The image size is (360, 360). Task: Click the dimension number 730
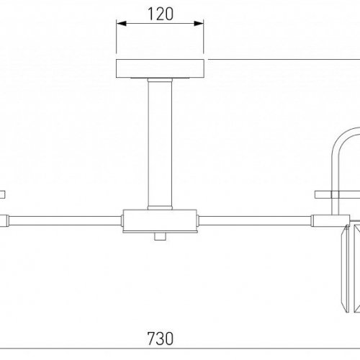160,338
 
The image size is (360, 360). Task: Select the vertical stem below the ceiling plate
159,144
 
